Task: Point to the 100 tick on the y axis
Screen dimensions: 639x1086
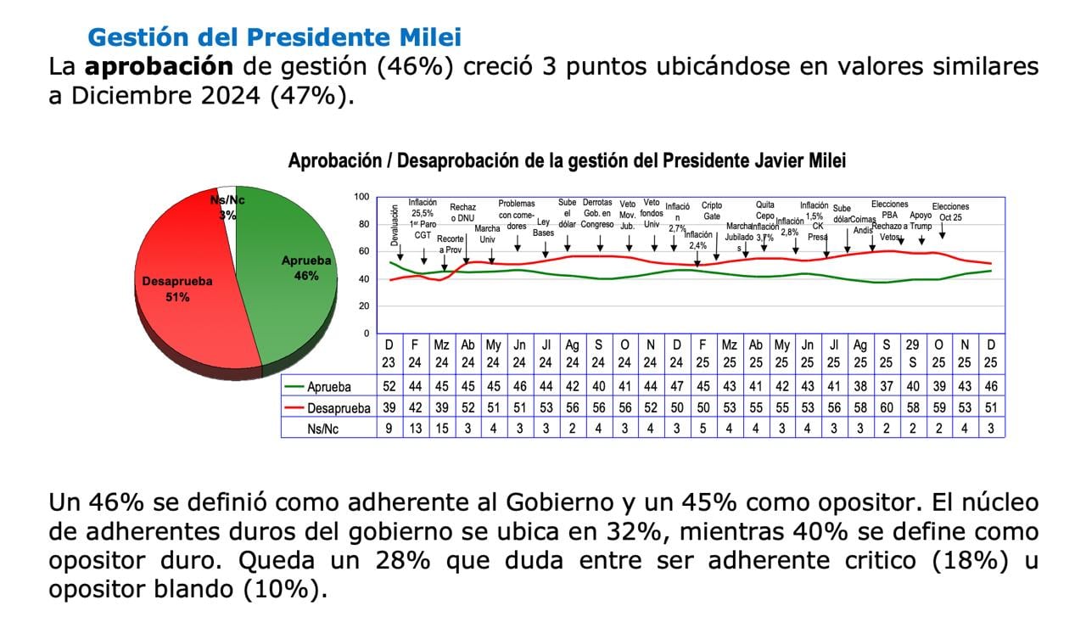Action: (x=361, y=197)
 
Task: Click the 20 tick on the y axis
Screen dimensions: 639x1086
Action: (x=363, y=305)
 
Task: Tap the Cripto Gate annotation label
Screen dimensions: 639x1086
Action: (x=712, y=210)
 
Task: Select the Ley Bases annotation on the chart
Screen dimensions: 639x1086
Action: (x=544, y=227)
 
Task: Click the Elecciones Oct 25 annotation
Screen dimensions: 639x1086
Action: (x=949, y=212)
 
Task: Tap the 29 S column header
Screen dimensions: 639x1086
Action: (x=912, y=352)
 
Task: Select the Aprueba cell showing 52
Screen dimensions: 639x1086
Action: (x=389, y=387)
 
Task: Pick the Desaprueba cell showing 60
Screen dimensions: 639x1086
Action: (x=886, y=408)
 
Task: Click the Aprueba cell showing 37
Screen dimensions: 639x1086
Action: (x=886, y=387)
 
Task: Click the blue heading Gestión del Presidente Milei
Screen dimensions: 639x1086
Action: (x=275, y=37)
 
